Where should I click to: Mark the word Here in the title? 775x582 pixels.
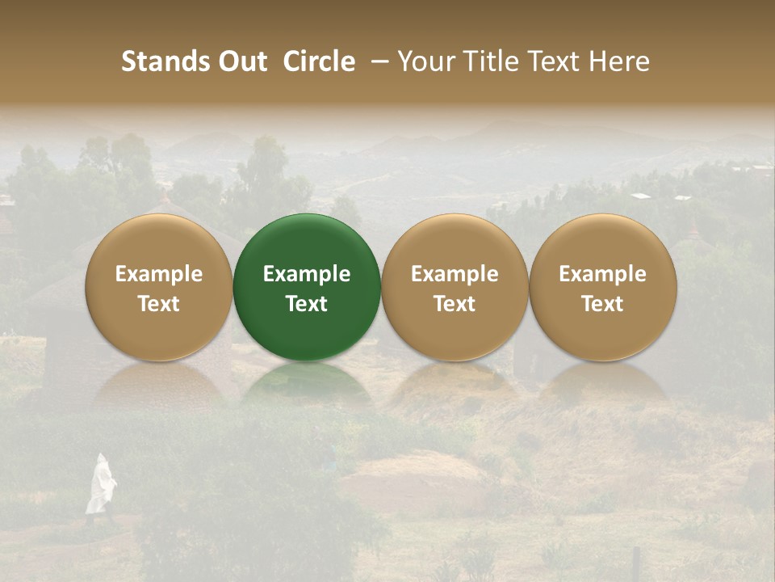(619, 61)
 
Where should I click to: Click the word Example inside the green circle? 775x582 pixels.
(307, 274)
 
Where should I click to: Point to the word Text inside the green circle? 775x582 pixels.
(307, 304)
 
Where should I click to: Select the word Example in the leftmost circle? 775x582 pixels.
(158, 274)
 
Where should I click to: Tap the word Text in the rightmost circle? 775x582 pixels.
(602, 304)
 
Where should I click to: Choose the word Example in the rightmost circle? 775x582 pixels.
(602, 274)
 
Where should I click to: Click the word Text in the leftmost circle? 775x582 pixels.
(158, 304)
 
